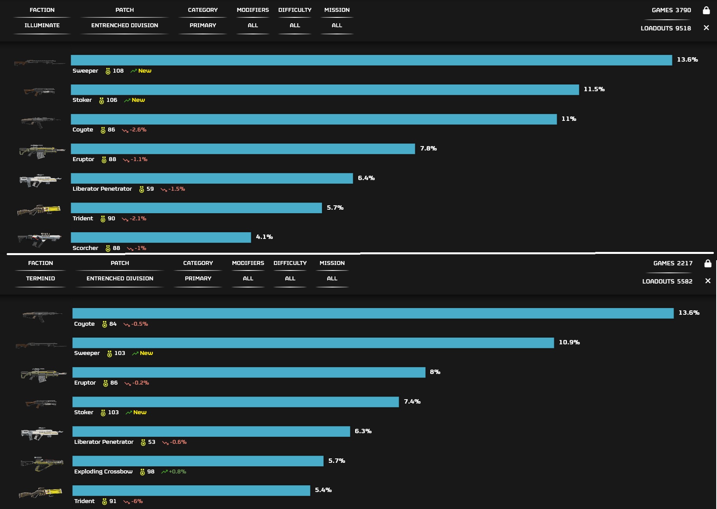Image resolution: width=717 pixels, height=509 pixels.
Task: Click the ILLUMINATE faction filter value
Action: tap(42, 25)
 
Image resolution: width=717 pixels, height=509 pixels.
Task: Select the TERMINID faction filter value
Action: tap(40, 278)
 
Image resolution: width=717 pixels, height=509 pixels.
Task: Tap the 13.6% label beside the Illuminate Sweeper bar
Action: tap(687, 60)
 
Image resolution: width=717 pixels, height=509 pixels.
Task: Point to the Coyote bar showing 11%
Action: tap(314, 119)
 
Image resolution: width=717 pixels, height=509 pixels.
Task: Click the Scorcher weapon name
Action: tap(85, 248)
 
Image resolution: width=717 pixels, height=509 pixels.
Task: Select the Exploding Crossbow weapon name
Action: tap(103, 471)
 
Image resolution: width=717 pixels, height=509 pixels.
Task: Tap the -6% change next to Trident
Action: tap(137, 501)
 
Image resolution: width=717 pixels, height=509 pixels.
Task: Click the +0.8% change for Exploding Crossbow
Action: tap(177, 471)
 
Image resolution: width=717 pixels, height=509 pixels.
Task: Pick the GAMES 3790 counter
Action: tap(671, 10)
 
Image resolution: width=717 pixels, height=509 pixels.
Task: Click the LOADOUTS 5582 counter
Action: tap(667, 281)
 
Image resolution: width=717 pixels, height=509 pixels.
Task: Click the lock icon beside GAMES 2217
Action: tap(708, 263)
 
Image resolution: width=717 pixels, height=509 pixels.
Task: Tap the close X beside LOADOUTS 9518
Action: tap(706, 28)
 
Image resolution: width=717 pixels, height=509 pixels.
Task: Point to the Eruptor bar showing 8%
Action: tap(249, 372)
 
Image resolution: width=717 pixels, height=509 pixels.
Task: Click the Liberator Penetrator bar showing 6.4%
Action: tap(212, 178)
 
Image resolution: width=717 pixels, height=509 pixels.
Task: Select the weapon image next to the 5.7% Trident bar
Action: tap(39, 210)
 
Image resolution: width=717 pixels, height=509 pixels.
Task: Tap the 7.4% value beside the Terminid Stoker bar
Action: tap(412, 402)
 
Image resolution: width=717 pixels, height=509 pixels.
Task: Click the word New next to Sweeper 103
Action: tap(146, 353)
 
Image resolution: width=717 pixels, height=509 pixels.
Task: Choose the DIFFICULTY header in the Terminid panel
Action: tap(290, 263)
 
